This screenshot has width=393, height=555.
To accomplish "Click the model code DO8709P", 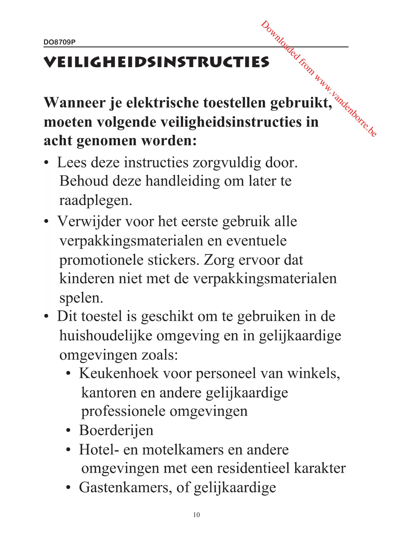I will [x=60, y=42].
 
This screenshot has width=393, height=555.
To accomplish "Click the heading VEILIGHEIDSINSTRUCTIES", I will [x=156, y=62].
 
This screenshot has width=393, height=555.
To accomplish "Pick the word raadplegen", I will [x=95, y=201].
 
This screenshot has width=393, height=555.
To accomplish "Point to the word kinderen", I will [x=86, y=279].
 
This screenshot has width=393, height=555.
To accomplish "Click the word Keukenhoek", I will [x=119, y=373].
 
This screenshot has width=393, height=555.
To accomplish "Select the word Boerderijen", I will [x=116, y=430].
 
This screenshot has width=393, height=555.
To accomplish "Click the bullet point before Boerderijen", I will [x=68, y=431].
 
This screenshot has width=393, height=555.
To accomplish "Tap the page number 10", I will [x=196, y=515].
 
